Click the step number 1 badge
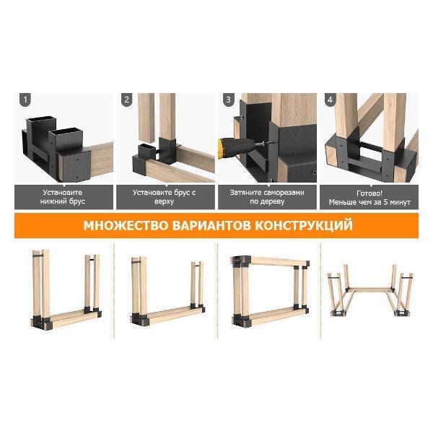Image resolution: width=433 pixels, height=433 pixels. pos(25,100)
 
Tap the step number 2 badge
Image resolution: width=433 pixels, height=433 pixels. pos(127,100)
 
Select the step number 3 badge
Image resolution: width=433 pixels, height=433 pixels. pos(228,100)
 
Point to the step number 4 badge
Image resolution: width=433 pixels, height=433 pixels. pos(330,100)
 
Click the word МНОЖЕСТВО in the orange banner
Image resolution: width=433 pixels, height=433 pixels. pos(126,225)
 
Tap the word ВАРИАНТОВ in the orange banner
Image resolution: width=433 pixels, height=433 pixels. pos(211,225)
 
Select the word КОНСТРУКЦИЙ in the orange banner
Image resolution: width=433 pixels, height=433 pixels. pos(304,225)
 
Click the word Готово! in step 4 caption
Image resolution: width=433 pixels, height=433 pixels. pos(369,193)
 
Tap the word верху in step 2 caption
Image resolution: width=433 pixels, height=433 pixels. pos(164,202)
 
